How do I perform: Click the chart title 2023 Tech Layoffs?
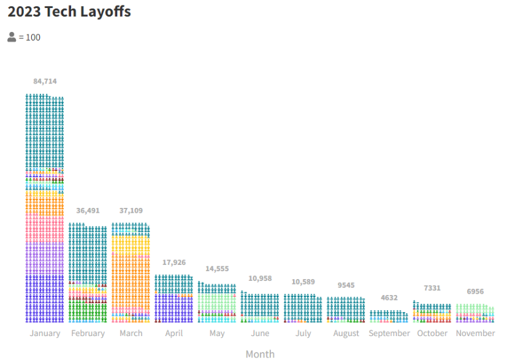pos(69,12)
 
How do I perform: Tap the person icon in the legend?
pos(12,37)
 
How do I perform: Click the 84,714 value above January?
pos(45,82)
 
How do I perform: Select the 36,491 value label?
pos(88,210)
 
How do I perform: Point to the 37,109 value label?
pos(131,210)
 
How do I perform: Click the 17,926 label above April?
pos(174,262)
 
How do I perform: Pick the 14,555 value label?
pos(216,269)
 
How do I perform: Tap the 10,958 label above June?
pos(259,278)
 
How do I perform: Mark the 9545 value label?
pos(346,285)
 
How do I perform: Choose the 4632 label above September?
pos(389,298)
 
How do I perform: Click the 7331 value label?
pos(432,288)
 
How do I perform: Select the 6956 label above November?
pos(475,291)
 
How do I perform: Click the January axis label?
pos(45,334)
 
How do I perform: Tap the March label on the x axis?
pos(131,334)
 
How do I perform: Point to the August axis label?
pos(346,334)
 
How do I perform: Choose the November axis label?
pos(475,334)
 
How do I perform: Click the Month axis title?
pos(260,354)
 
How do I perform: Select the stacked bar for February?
pos(88,274)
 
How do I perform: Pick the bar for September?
pos(389,316)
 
